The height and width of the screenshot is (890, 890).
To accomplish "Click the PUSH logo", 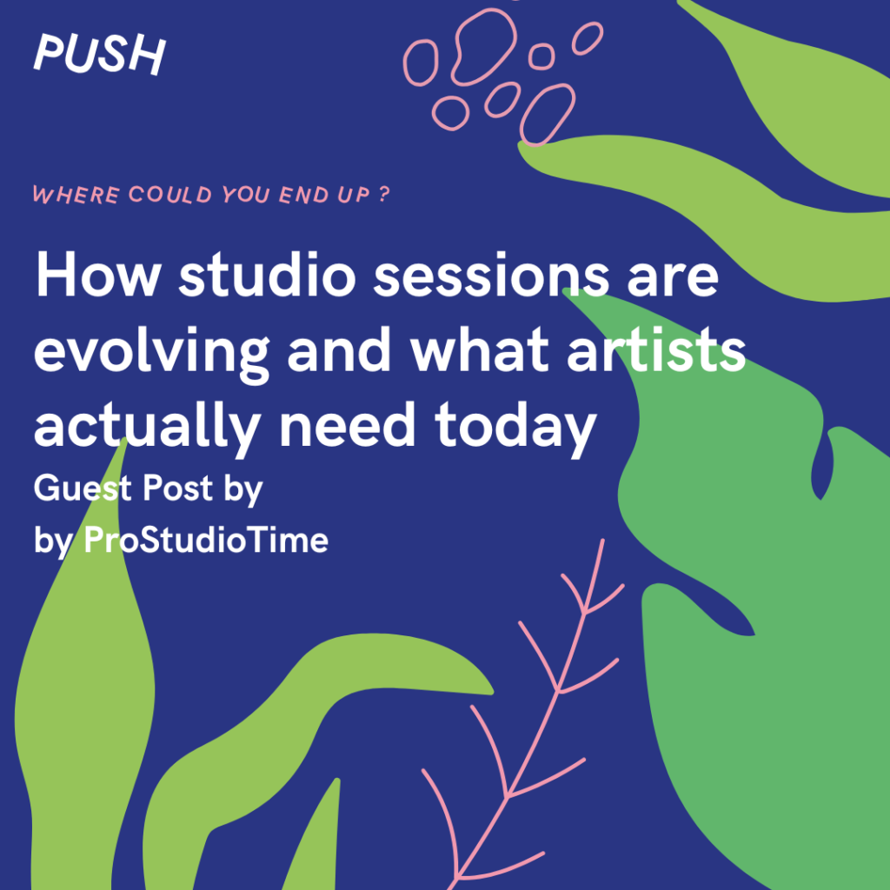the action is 99,55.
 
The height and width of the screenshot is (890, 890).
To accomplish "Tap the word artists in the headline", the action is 656,350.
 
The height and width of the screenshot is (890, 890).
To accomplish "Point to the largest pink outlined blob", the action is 484,47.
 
